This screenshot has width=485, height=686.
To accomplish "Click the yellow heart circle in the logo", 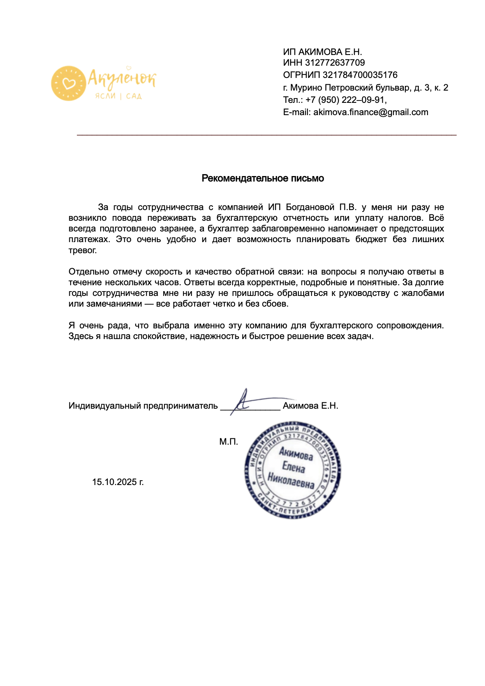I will [69, 83].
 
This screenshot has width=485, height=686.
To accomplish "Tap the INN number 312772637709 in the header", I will [335, 63].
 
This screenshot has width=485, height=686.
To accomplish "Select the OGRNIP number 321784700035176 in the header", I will [360, 75].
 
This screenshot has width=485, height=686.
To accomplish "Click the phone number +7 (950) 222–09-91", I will [345, 100].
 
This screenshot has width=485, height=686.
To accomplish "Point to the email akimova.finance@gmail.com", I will [370, 112].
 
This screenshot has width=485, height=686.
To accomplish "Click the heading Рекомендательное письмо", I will [263, 178].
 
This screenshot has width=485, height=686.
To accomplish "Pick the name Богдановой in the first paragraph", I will [310, 207].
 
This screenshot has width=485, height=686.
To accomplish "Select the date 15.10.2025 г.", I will [118, 482].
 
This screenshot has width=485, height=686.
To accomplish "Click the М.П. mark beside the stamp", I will [229, 442].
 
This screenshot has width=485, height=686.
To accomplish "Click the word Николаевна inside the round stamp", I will [291, 481].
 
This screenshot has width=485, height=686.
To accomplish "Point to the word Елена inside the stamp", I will [294, 467].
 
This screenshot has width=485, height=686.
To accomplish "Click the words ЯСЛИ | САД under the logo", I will [118, 96].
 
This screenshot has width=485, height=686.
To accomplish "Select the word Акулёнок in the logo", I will [122, 78].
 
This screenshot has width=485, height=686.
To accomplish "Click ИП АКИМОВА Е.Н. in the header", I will [322, 52].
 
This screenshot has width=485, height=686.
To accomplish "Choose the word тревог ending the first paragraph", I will [82, 250].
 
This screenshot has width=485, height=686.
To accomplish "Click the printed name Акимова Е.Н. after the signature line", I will [310, 406].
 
